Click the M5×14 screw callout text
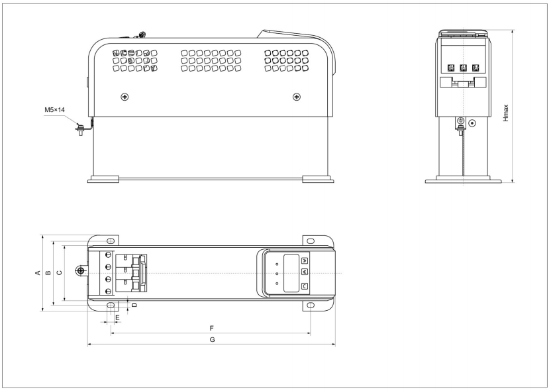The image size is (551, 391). coord(54,110)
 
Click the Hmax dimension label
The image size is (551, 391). coord(506,113)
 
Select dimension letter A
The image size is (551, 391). coord(38,272)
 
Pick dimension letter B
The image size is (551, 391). coord(48,272)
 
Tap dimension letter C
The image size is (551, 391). coord(60,272)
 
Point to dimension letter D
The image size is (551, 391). coord(134,304)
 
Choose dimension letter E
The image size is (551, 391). coord(118,317)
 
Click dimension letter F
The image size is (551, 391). coord(211,328)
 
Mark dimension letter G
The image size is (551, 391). coord(212,339)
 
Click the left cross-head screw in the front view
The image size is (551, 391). coord(125,96)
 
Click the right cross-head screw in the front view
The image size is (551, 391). coord(297,96)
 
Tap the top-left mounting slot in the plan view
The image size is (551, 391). coord(111,241)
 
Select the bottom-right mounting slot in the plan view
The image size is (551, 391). coord(311,305)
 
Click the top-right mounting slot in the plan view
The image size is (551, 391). coord(311,241)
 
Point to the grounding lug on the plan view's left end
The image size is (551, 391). coord(81,271)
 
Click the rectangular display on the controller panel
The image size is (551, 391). coord(291,273)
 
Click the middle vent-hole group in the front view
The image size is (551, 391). coord(211,60)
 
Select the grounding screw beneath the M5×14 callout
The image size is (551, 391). coord(81,129)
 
